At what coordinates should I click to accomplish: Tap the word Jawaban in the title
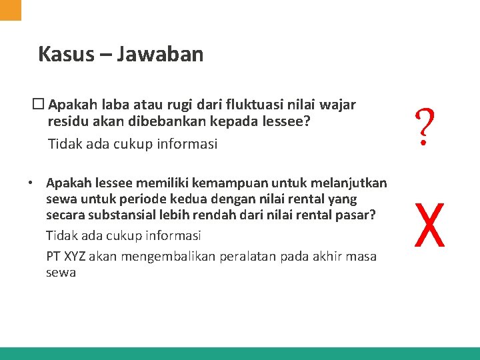pos(160,53)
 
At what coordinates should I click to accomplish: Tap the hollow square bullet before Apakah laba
pos(39,105)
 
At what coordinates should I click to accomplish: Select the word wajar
pos(338,105)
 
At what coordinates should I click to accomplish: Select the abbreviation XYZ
pos(77,256)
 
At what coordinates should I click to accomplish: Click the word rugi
pos(167,105)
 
